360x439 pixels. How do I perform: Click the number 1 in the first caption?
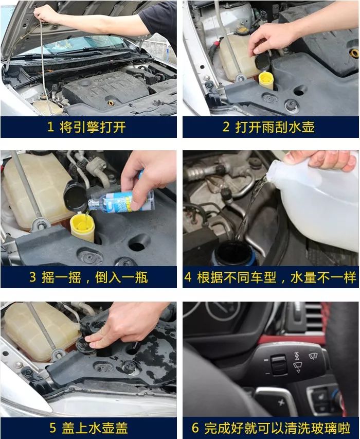click(x=50, y=128)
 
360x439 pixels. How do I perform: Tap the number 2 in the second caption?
click(x=226, y=127)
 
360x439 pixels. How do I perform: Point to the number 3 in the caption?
click(x=33, y=277)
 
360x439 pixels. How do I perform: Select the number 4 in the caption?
click(x=188, y=277)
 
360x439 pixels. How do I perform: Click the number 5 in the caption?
click(x=53, y=428)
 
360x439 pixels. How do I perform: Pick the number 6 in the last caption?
click(x=195, y=428)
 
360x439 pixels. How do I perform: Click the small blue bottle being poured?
click(x=121, y=202)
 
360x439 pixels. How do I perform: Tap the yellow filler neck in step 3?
click(x=82, y=227)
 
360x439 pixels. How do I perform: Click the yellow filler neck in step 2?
click(x=266, y=81)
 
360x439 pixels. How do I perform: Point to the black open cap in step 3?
click(x=75, y=196)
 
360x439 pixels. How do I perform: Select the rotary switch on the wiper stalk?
click(x=278, y=364)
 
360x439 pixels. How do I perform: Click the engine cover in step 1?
click(x=105, y=90)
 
